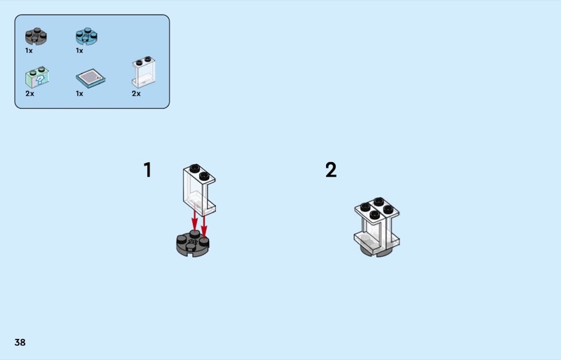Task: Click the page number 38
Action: click(x=20, y=342)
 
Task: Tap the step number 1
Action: click(x=147, y=170)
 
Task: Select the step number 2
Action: click(x=331, y=170)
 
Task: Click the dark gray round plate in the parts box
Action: click(x=36, y=36)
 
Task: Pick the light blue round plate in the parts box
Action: click(x=86, y=36)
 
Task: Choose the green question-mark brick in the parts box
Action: click(x=37, y=77)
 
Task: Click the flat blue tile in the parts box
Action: click(x=90, y=78)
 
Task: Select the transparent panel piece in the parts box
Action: click(x=144, y=72)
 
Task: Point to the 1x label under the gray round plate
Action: click(x=29, y=51)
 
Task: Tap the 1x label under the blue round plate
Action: click(x=79, y=51)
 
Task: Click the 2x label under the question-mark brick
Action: click(x=29, y=94)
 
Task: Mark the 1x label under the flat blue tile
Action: click(x=79, y=94)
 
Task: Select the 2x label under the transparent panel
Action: click(x=136, y=94)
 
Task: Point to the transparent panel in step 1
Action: click(x=199, y=190)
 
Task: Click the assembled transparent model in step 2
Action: click(x=377, y=226)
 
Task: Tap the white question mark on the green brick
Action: click(x=41, y=79)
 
